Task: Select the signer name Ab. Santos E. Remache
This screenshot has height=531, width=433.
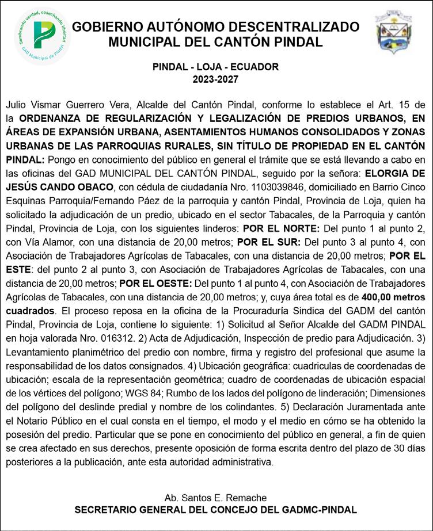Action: (216, 497)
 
